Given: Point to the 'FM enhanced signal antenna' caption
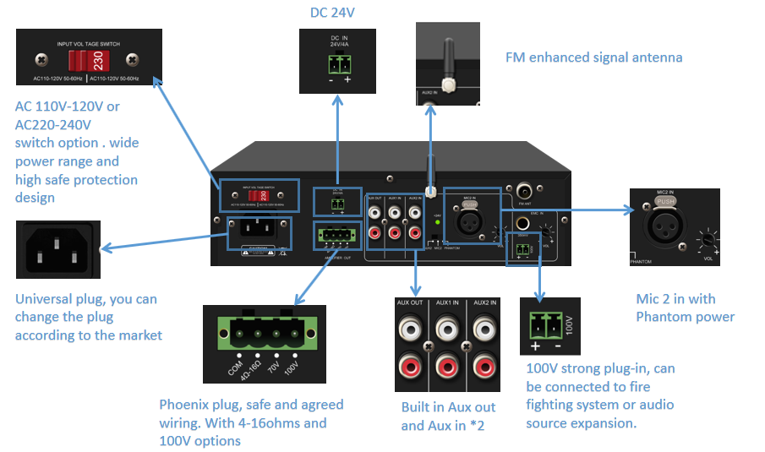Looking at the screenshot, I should [x=593, y=57].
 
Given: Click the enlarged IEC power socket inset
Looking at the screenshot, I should [x=57, y=249].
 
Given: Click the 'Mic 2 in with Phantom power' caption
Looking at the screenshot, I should [x=685, y=308].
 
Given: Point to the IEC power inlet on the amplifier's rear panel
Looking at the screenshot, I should [x=260, y=228].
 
